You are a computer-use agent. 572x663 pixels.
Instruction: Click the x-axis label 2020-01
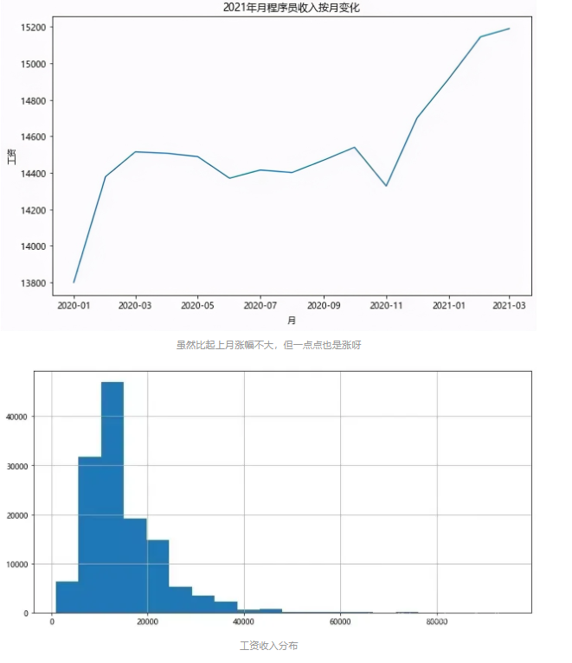click(74, 305)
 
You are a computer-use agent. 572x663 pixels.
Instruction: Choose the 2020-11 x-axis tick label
click(386, 305)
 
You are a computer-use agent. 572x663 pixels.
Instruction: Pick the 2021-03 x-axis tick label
click(509, 305)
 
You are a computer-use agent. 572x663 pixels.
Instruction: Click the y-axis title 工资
click(10, 156)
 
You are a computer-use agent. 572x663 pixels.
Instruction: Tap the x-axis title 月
click(292, 320)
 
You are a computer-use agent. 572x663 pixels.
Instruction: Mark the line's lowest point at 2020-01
click(74, 282)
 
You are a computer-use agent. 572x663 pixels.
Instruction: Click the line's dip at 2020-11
click(386, 186)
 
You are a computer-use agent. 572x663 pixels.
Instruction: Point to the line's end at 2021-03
click(509, 29)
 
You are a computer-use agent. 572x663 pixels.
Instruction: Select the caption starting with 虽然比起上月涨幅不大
click(268, 345)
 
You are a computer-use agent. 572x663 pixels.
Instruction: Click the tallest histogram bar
click(112, 497)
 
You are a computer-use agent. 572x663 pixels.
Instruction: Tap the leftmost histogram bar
click(67, 597)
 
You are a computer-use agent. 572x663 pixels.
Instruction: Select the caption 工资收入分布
click(268, 646)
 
